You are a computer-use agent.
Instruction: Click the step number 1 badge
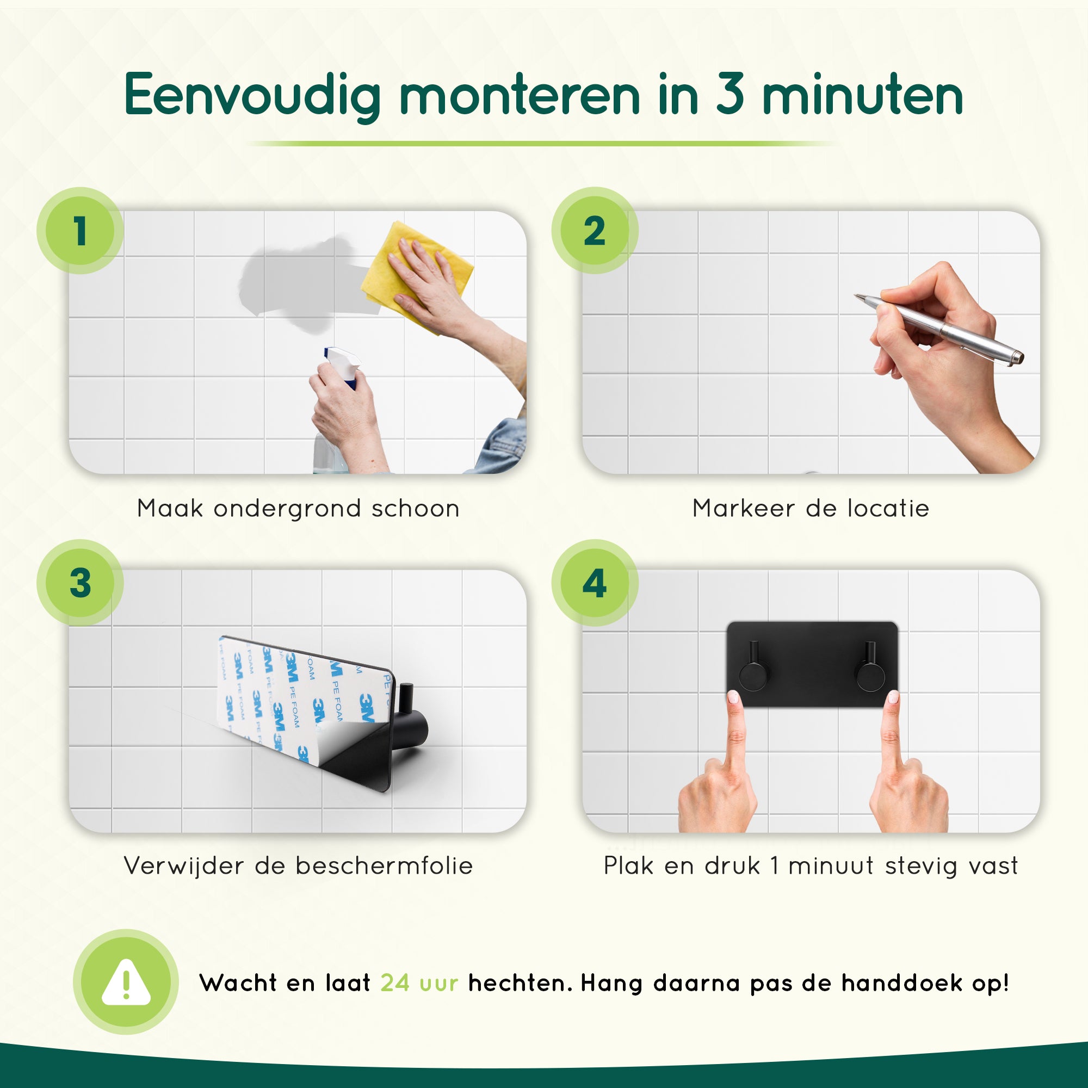(x=80, y=230)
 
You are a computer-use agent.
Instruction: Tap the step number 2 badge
(x=595, y=230)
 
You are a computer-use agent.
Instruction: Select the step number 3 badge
(x=80, y=582)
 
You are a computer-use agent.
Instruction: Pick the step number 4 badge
(x=595, y=582)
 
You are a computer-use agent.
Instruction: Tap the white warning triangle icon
(x=126, y=982)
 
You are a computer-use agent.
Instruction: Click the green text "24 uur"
(x=419, y=982)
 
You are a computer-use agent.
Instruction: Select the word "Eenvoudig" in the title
(x=252, y=96)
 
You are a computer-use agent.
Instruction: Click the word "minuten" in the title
(x=862, y=96)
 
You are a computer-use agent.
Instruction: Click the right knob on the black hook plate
(x=870, y=675)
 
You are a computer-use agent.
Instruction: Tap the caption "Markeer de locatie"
(x=811, y=508)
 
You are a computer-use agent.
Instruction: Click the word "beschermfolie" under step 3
(x=384, y=866)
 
